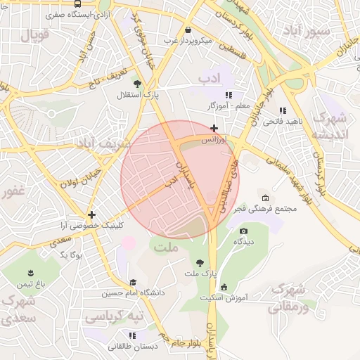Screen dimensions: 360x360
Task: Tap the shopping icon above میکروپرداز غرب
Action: [x=188, y=30]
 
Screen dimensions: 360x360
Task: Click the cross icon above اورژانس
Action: [x=214, y=128]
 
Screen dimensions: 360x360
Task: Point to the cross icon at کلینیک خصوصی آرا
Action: [x=91, y=214]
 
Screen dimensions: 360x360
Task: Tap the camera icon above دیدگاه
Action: [x=243, y=231]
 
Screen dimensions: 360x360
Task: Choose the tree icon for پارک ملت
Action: [x=200, y=262]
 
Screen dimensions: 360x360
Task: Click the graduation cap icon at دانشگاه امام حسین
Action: [x=133, y=282]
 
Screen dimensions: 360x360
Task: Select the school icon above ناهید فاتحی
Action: [x=282, y=110]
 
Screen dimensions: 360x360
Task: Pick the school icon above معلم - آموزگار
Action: [x=227, y=95]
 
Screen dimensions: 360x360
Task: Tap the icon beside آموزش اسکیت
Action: [x=224, y=286]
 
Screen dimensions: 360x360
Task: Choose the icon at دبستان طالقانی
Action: [x=133, y=335]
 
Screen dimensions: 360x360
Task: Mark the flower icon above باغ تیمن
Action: [x=31, y=273]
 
